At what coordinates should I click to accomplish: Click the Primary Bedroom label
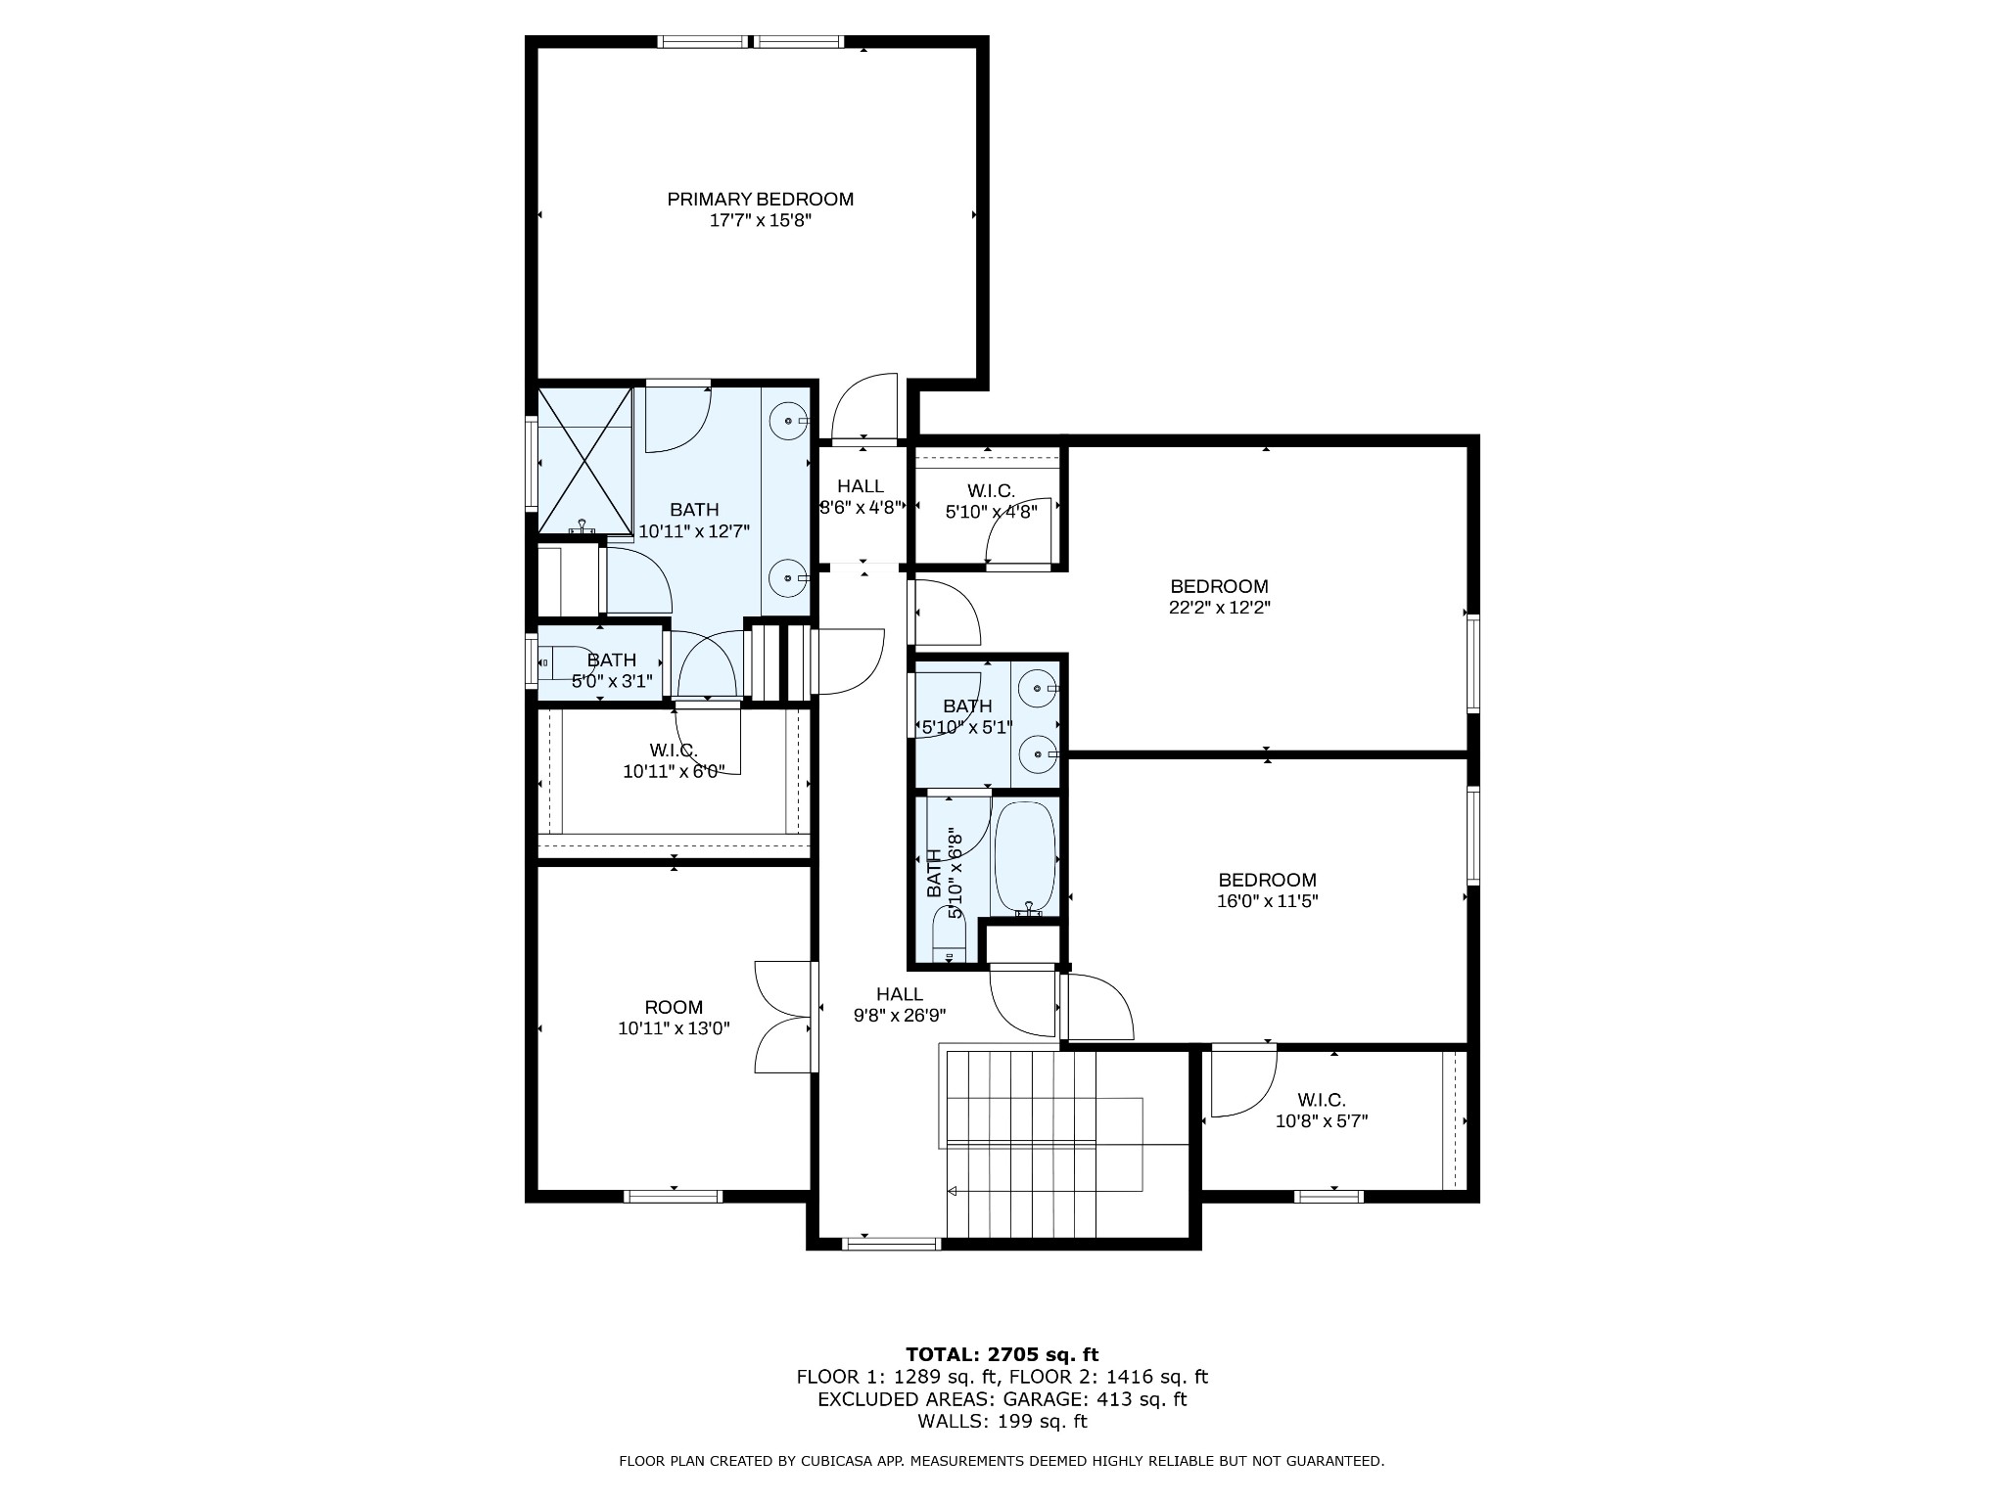point(760,199)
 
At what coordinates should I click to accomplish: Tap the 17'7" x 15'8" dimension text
point(760,221)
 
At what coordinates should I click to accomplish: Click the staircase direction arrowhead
point(952,1191)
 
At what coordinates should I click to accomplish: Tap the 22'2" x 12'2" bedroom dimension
point(1220,608)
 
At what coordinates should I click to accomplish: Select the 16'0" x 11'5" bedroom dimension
point(1267,901)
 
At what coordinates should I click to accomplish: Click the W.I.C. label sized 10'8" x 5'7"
point(1322,1100)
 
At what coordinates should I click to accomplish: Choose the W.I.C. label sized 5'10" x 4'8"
point(991,490)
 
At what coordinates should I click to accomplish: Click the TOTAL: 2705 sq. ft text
point(1002,1354)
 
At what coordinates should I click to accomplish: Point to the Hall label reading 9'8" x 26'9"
point(900,994)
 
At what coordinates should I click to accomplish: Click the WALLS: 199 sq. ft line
point(1002,1422)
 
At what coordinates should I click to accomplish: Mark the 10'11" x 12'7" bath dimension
point(694,531)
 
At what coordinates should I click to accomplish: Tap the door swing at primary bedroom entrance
point(863,407)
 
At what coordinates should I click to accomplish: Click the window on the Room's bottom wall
point(674,1196)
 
